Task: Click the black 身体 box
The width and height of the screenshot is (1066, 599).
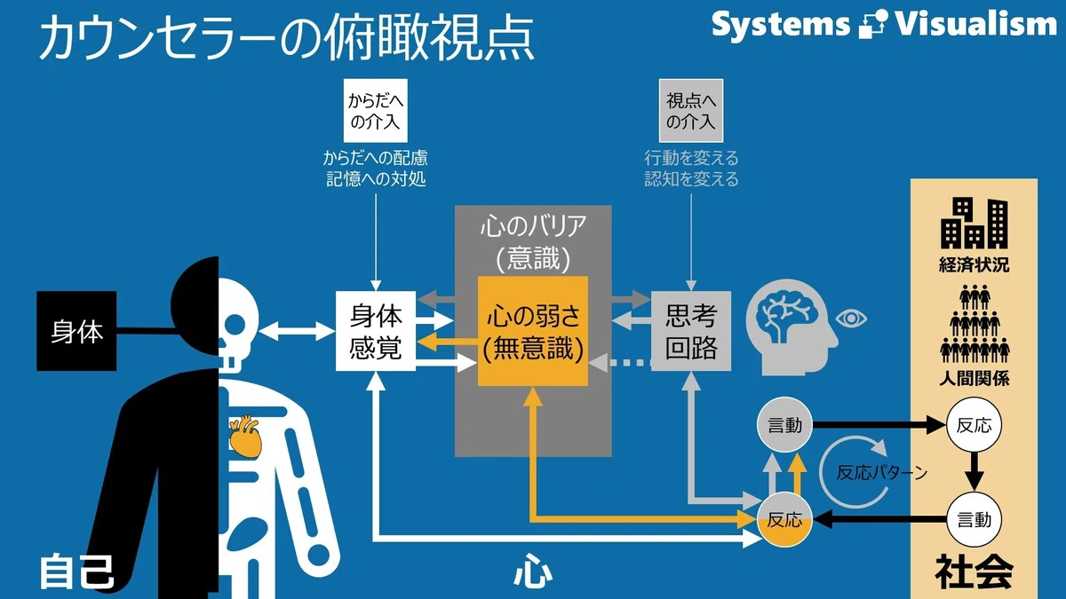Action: point(76,331)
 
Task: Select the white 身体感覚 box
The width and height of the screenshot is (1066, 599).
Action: point(376,331)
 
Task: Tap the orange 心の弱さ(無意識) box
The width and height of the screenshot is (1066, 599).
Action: point(533,331)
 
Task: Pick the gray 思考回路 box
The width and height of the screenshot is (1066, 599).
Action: point(691,331)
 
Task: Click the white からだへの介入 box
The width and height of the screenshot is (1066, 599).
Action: point(376,111)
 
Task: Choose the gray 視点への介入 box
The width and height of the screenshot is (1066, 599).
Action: point(691,111)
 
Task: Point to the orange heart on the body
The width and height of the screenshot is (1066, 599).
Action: point(245,437)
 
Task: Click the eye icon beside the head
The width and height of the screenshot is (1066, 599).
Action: point(852,318)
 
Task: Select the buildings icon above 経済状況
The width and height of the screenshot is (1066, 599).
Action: point(975,224)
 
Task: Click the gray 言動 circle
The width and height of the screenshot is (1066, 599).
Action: point(784,425)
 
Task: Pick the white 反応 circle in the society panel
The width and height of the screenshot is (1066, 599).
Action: point(975,425)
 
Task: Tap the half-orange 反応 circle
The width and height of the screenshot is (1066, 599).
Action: point(784,520)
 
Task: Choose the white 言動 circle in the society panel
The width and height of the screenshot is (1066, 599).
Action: point(975,520)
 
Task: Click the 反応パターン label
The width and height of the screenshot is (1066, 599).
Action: point(882,472)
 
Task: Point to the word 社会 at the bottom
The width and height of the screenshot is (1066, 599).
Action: point(975,571)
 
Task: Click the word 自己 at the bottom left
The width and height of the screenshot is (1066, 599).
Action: point(76,571)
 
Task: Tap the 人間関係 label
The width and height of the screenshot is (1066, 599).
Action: point(975,378)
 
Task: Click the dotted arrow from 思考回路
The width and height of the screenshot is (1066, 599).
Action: point(620,363)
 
